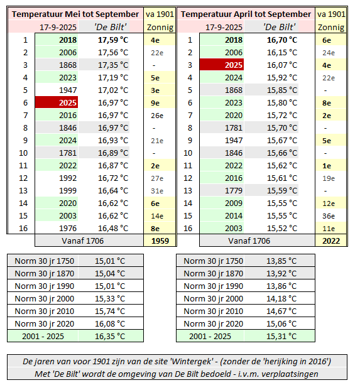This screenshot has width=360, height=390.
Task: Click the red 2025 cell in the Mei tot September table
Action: [57, 102]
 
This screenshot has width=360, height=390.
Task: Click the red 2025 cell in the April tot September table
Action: [222, 65]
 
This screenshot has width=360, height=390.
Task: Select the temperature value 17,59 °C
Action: [113, 40]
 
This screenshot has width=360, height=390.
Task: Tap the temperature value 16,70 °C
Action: [282, 40]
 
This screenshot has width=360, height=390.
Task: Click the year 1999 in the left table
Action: [68, 190]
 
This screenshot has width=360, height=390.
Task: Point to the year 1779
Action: [234, 190]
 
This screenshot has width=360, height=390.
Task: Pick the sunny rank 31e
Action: [157, 191]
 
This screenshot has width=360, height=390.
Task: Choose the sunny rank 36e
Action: [329, 216]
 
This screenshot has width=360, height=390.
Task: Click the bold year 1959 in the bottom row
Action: [160, 241]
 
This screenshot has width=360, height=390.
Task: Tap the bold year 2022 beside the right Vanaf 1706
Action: [331, 241]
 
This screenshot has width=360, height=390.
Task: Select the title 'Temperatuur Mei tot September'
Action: [75, 14]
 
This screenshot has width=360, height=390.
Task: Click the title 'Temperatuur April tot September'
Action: [246, 14]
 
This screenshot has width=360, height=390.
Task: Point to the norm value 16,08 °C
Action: [110, 323]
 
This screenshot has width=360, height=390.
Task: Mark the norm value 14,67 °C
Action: [281, 311]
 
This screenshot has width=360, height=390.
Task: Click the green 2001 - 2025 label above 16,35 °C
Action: [43, 336]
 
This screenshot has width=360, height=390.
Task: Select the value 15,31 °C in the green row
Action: [281, 336]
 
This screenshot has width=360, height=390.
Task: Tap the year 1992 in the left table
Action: [68, 178]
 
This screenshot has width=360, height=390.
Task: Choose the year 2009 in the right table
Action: [234, 203]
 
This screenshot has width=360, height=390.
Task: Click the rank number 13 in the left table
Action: [23, 190]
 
